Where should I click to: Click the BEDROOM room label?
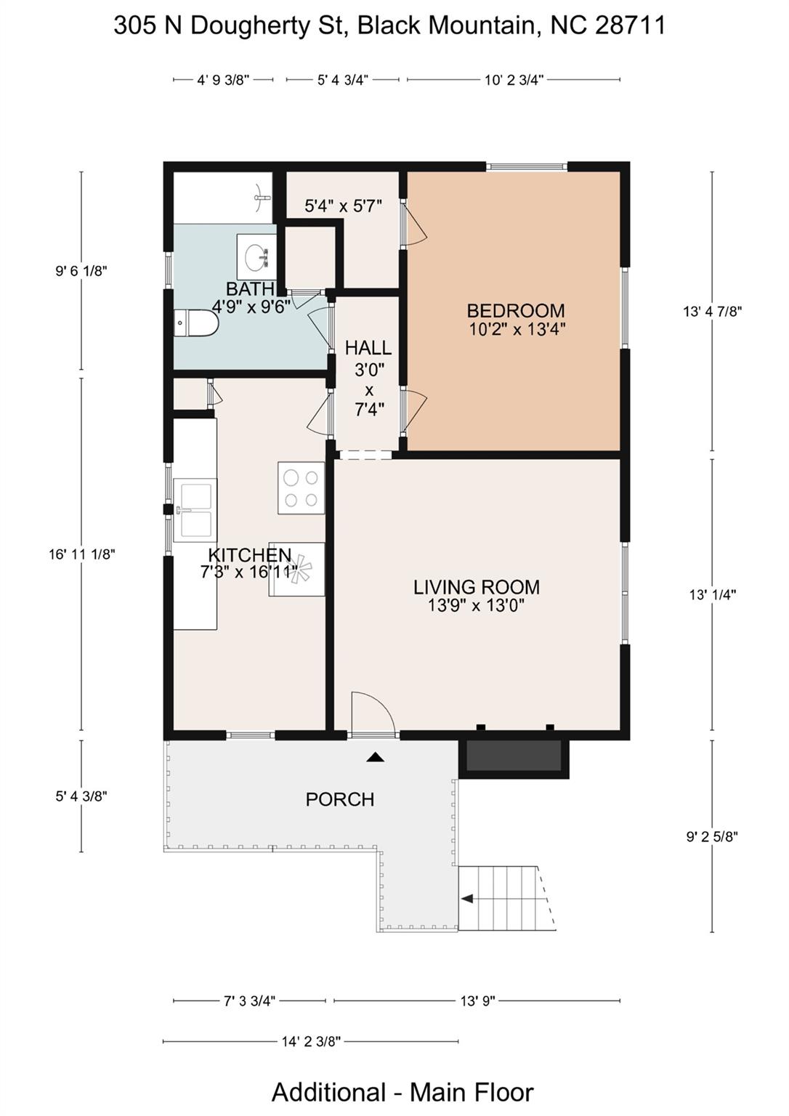coord(516,311)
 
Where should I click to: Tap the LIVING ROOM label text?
coord(477,587)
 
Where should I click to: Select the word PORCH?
coord(340,800)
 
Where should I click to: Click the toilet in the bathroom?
coord(196,323)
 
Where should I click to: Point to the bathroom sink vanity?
coord(256,256)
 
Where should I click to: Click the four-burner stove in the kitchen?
coord(301,488)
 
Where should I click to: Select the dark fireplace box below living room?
coord(514,756)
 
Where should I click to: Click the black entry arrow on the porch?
coord(375,757)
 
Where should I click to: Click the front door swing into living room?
coord(372,716)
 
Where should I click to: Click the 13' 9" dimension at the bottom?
coord(477,1001)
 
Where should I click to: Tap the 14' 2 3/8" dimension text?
coord(311,1042)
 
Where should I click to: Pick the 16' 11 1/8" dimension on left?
coord(81,554)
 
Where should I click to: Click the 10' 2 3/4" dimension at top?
coord(514,80)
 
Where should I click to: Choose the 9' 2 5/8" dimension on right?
coord(712,836)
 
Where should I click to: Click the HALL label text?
coord(368,348)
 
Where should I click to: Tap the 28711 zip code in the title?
coord(630,25)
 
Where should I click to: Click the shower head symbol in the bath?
coord(262,197)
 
